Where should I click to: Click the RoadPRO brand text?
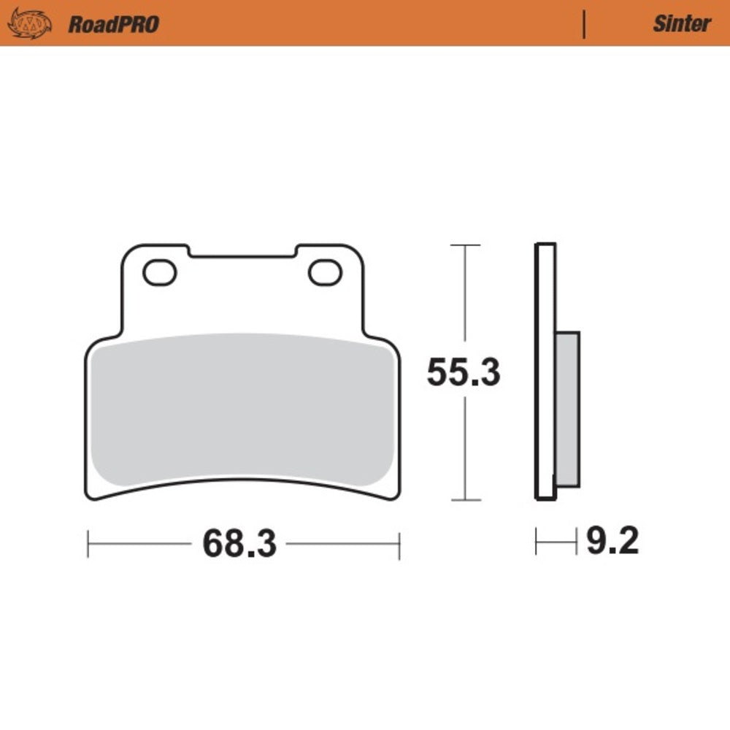coord(113,24)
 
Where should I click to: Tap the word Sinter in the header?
coord(681,24)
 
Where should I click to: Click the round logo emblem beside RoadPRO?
coord(29,23)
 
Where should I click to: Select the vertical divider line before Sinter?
coord(584,24)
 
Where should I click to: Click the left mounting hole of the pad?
coord(160,273)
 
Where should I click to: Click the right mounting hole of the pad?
coord(325,273)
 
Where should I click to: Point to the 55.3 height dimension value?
coord(464,373)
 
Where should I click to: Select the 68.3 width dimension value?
coord(239,544)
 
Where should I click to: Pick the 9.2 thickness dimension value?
coord(612,542)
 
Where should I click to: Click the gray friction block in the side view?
coord(567,409)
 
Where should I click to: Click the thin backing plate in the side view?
coord(545,372)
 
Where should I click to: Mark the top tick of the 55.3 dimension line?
coord(465,245)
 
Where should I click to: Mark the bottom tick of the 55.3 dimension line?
coord(465,500)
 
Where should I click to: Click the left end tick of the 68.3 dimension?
coord(88,545)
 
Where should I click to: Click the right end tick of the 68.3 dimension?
coord(399,545)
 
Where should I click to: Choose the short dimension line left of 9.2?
coord(555,542)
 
